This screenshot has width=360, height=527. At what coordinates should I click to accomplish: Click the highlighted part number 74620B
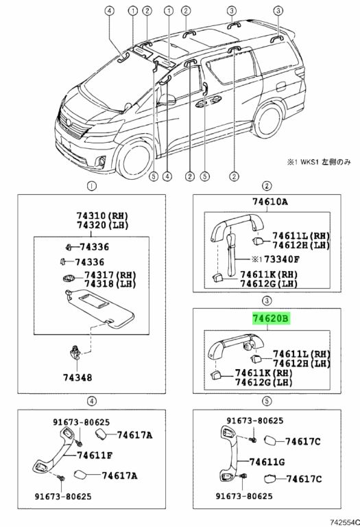click(x=271, y=318)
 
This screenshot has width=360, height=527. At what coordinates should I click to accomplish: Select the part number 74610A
click(x=270, y=202)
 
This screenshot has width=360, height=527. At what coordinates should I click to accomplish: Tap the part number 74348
click(x=77, y=378)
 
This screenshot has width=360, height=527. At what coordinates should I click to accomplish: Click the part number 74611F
click(x=95, y=456)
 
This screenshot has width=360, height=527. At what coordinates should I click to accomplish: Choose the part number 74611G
click(x=267, y=462)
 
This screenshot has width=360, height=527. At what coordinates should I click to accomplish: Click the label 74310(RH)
click(x=103, y=215)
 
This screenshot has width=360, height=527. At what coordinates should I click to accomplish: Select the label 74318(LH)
click(x=110, y=284)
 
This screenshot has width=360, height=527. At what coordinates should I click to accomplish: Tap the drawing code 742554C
click(x=345, y=522)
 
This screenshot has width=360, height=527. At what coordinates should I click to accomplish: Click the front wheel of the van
click(x=134, y=161)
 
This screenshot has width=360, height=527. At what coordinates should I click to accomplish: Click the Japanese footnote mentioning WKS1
click(x=319, y=162)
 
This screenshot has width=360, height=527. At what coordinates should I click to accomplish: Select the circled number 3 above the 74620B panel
click(x=267, y=301)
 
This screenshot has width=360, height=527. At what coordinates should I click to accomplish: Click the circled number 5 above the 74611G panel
click(x=267, y=401)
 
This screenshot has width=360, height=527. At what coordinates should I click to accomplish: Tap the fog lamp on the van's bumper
click(x=101, y=162)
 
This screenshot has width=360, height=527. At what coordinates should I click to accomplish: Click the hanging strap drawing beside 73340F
click(x=230, y=255)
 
